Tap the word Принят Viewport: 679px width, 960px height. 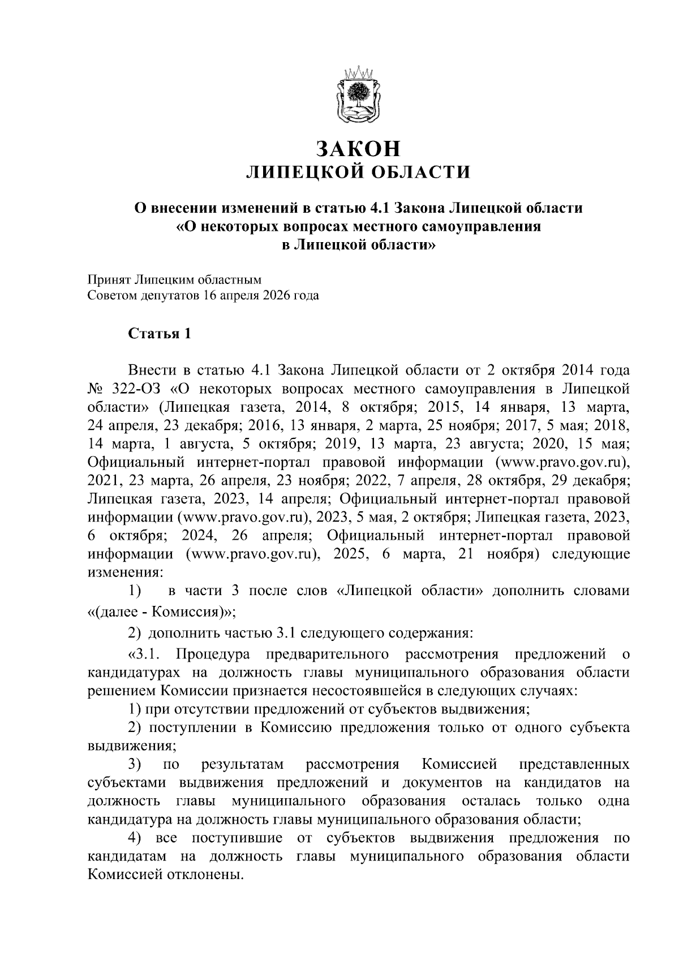[x=108, y=279]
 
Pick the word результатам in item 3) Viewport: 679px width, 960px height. [x=242, y=765]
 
